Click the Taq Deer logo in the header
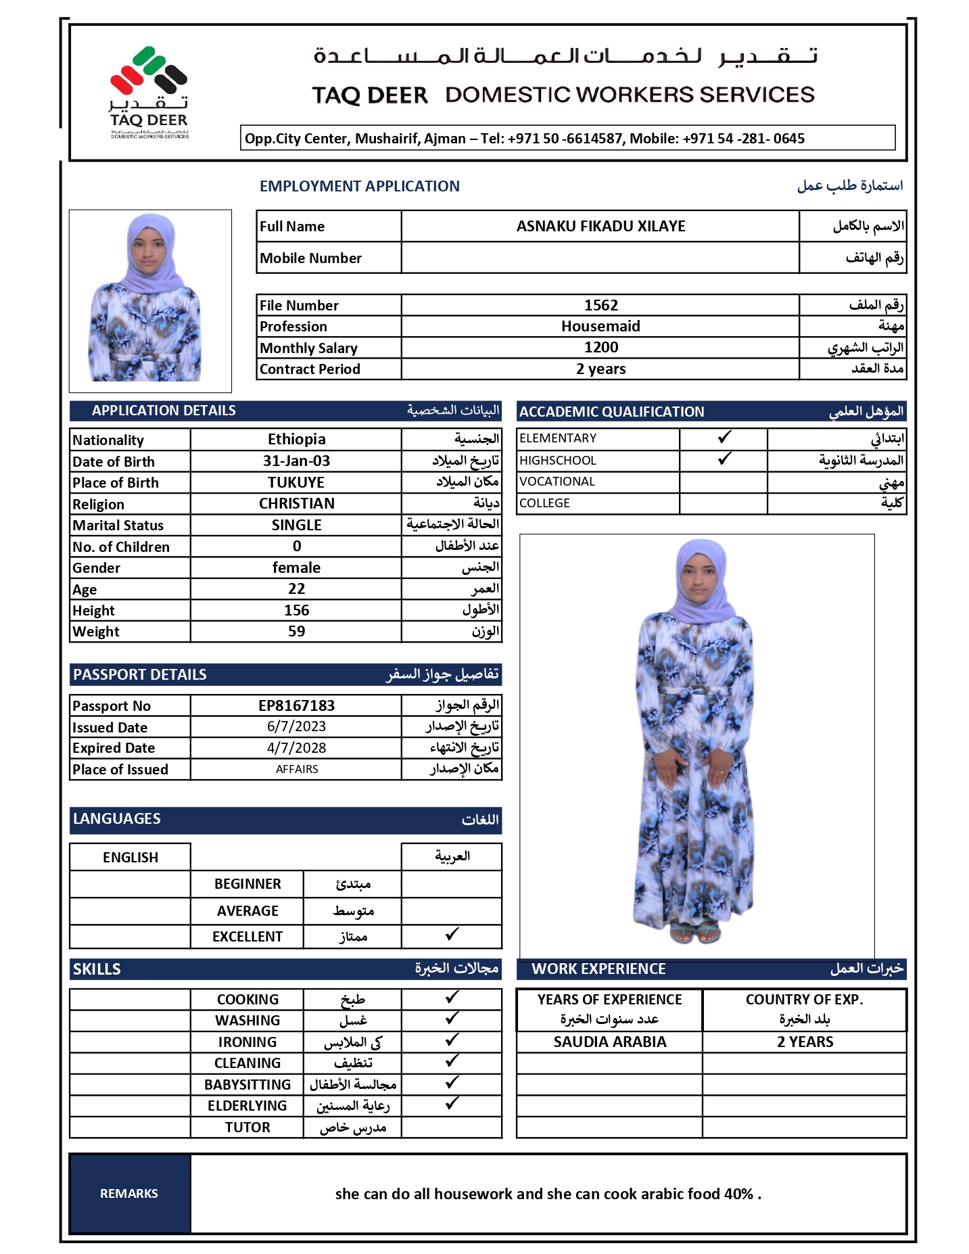coord(149,91)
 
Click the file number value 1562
coord(600,305)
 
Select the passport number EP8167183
coord(296,705)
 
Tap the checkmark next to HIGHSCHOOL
coord(724,459)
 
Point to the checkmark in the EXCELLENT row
coord(452,935)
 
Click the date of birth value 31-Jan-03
coord(296,461)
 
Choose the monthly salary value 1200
coord(600,347)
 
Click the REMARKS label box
coord(129,1193)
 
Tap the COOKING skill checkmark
coord(452,998)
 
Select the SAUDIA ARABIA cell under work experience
coord(609,1042)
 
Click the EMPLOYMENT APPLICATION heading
coord(359,186)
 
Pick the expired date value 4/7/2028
coord(296,747)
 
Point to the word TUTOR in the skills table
coord(247,1127)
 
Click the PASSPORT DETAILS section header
coord(140,674)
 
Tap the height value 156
coord(296,610)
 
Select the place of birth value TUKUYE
coord(296,482)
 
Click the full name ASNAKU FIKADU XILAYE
coord(600,226)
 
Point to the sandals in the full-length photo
coord(695,933)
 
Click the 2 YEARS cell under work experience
coord(805,1042)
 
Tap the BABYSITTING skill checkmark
coord(452,1083)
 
